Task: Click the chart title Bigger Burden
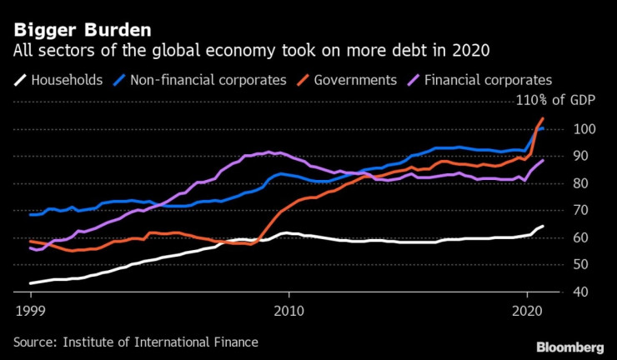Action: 81,30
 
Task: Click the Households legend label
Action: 67,81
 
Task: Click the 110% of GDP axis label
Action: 551,102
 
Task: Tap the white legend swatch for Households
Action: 18,81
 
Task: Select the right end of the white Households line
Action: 543,227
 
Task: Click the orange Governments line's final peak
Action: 542,119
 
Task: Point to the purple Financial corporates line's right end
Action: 543,160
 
